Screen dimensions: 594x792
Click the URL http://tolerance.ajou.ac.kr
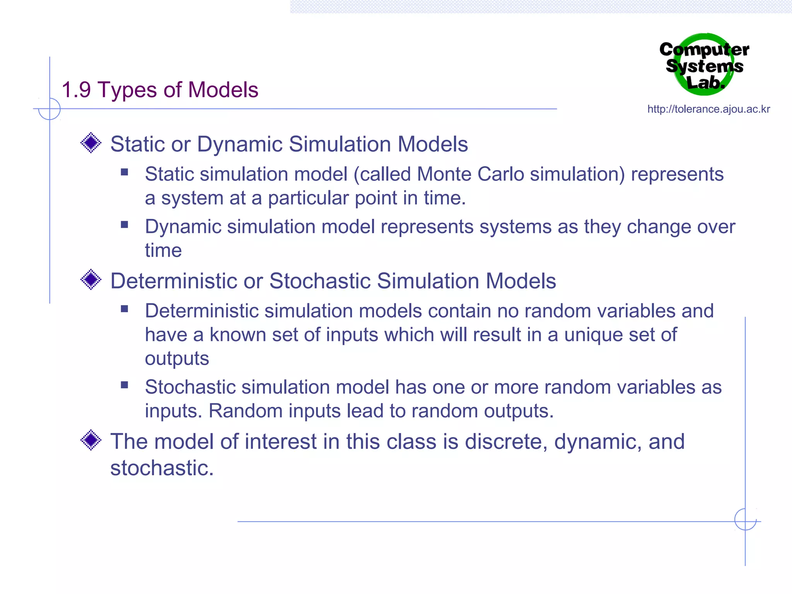pos(708,109)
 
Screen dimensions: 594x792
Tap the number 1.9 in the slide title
pos(76,90)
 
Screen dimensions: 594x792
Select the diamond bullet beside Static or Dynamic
pos(91,143)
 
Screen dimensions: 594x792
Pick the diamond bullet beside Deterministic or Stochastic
pos(91,280)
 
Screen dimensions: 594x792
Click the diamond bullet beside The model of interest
pos(91,440)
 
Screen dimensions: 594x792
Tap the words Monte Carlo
pos(470,174)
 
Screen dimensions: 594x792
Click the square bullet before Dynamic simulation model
pos(124,225)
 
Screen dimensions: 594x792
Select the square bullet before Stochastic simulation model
pos(124,385)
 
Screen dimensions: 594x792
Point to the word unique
pos(593,335)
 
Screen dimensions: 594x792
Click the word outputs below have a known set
pos(177,359)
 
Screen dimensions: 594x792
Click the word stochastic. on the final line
pos(162,468)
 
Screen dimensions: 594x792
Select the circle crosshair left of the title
pos(49,109)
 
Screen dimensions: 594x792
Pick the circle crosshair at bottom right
pos(745,519)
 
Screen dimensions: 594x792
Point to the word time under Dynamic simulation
pos(163,251)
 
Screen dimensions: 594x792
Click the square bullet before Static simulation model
pos(124,172)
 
